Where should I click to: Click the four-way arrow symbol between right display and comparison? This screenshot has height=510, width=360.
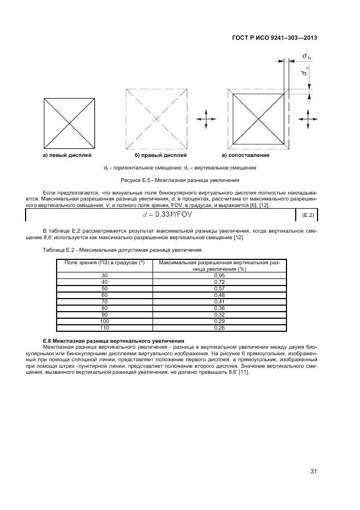[206, 119]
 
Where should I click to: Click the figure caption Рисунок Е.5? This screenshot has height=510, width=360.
[180, 179]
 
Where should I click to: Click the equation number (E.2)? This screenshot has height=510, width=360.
[308, 216]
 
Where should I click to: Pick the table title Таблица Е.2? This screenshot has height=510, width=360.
[121, 250]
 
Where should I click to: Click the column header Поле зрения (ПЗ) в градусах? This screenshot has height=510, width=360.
[104, 263]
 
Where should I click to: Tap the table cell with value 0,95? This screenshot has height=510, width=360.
[219, 276]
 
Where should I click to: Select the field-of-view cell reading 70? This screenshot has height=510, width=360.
[105, 301]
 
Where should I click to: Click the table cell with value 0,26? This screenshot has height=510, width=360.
[219, 327]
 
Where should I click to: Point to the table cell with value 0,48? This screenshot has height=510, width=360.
[219, 295]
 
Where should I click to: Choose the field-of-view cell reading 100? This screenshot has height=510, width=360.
[105, 321]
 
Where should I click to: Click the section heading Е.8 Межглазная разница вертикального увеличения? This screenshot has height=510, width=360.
[113, 341]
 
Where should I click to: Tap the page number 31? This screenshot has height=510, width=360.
[314, 471]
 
